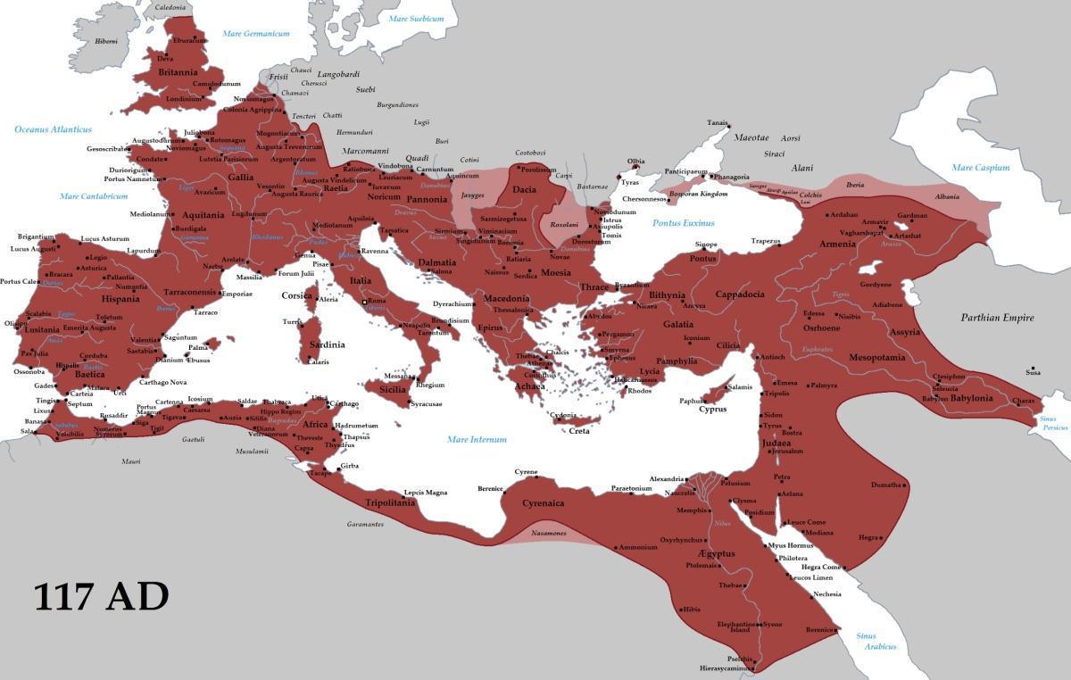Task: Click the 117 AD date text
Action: (x=101, y=597)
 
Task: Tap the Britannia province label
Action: (x=178, y=71)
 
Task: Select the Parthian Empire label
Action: (x=997, y=318)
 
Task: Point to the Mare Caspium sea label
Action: (x=981, y=168)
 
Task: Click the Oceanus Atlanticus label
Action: (x=53, y=129)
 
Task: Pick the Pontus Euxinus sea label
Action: (x=683, y=223)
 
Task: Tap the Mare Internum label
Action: (x=477, y=439)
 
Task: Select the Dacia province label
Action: (x=524, y=189)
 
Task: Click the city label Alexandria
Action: (x=667, y=479)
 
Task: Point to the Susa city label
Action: (x=1033, y=373)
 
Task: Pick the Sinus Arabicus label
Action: (x=873, y=641)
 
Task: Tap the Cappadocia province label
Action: (x=740, y=294)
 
